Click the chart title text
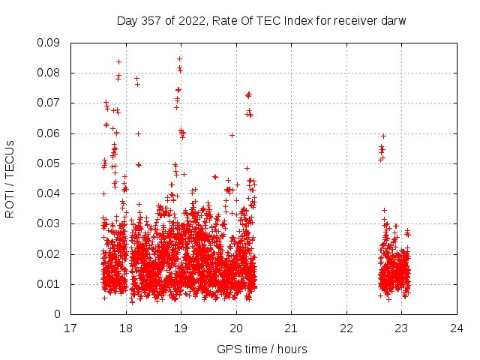(x=261, y=20)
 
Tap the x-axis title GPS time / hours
(x=262, y=349)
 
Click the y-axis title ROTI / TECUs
(x=10, y=178)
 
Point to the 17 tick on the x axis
(x=70, y=328)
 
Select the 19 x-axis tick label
(x=181, y=328)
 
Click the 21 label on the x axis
(x=291, y=328)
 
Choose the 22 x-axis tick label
(x=346, y=328)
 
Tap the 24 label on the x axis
(x=457, y=328)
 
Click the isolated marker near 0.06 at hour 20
(x=232, y=135)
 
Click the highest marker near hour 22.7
(x=383, y=136)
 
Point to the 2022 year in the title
(x=191, y=20)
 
